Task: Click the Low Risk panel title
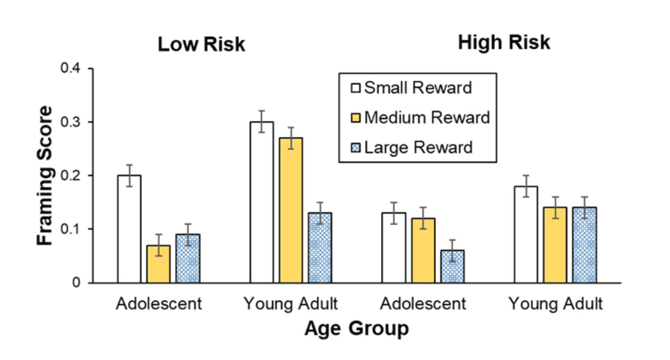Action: tap(201, 45)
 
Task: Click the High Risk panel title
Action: tap(504, 43)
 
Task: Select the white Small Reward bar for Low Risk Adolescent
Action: tap(129, 229)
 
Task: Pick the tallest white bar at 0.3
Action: tap(261, 202)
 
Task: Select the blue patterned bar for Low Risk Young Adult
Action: tap(320, 248)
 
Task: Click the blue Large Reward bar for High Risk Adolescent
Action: tap(452, 266)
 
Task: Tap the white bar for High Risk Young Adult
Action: tap(526, 234)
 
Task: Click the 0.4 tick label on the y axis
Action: tap(72, 69)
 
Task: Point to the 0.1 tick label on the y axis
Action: tap(72, 229)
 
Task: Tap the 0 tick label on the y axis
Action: tap(77, 283)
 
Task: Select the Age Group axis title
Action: tap(356, 329)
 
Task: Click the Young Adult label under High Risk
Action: tap(555, 304)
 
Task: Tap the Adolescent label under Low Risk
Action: tap(159, 304)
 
